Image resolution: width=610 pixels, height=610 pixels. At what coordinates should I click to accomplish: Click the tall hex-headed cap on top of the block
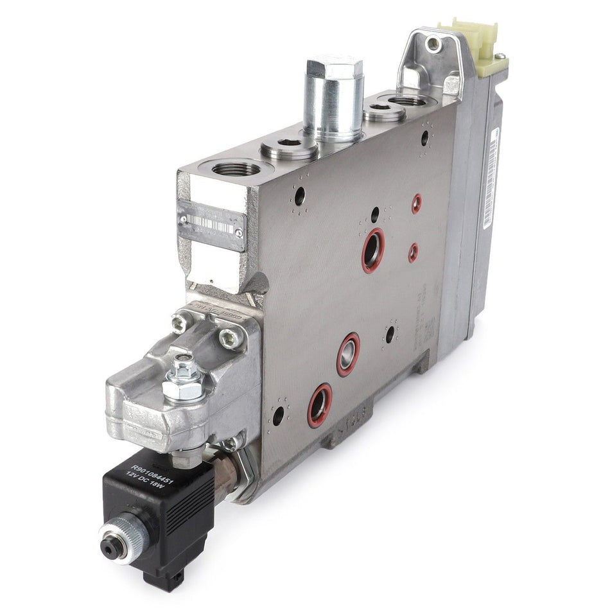(x=334, y=96)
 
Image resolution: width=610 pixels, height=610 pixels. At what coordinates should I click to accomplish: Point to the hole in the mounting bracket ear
(x=434, y=44)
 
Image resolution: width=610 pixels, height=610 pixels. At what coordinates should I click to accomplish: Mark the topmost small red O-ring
(x=417, y=204)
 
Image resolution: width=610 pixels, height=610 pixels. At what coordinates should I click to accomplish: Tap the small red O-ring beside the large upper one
(x=414, y=252)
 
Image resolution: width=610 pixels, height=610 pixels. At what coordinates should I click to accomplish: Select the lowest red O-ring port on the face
(x=320, y=405)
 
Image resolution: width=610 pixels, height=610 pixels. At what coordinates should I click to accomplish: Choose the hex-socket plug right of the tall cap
(x=384, y=112)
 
